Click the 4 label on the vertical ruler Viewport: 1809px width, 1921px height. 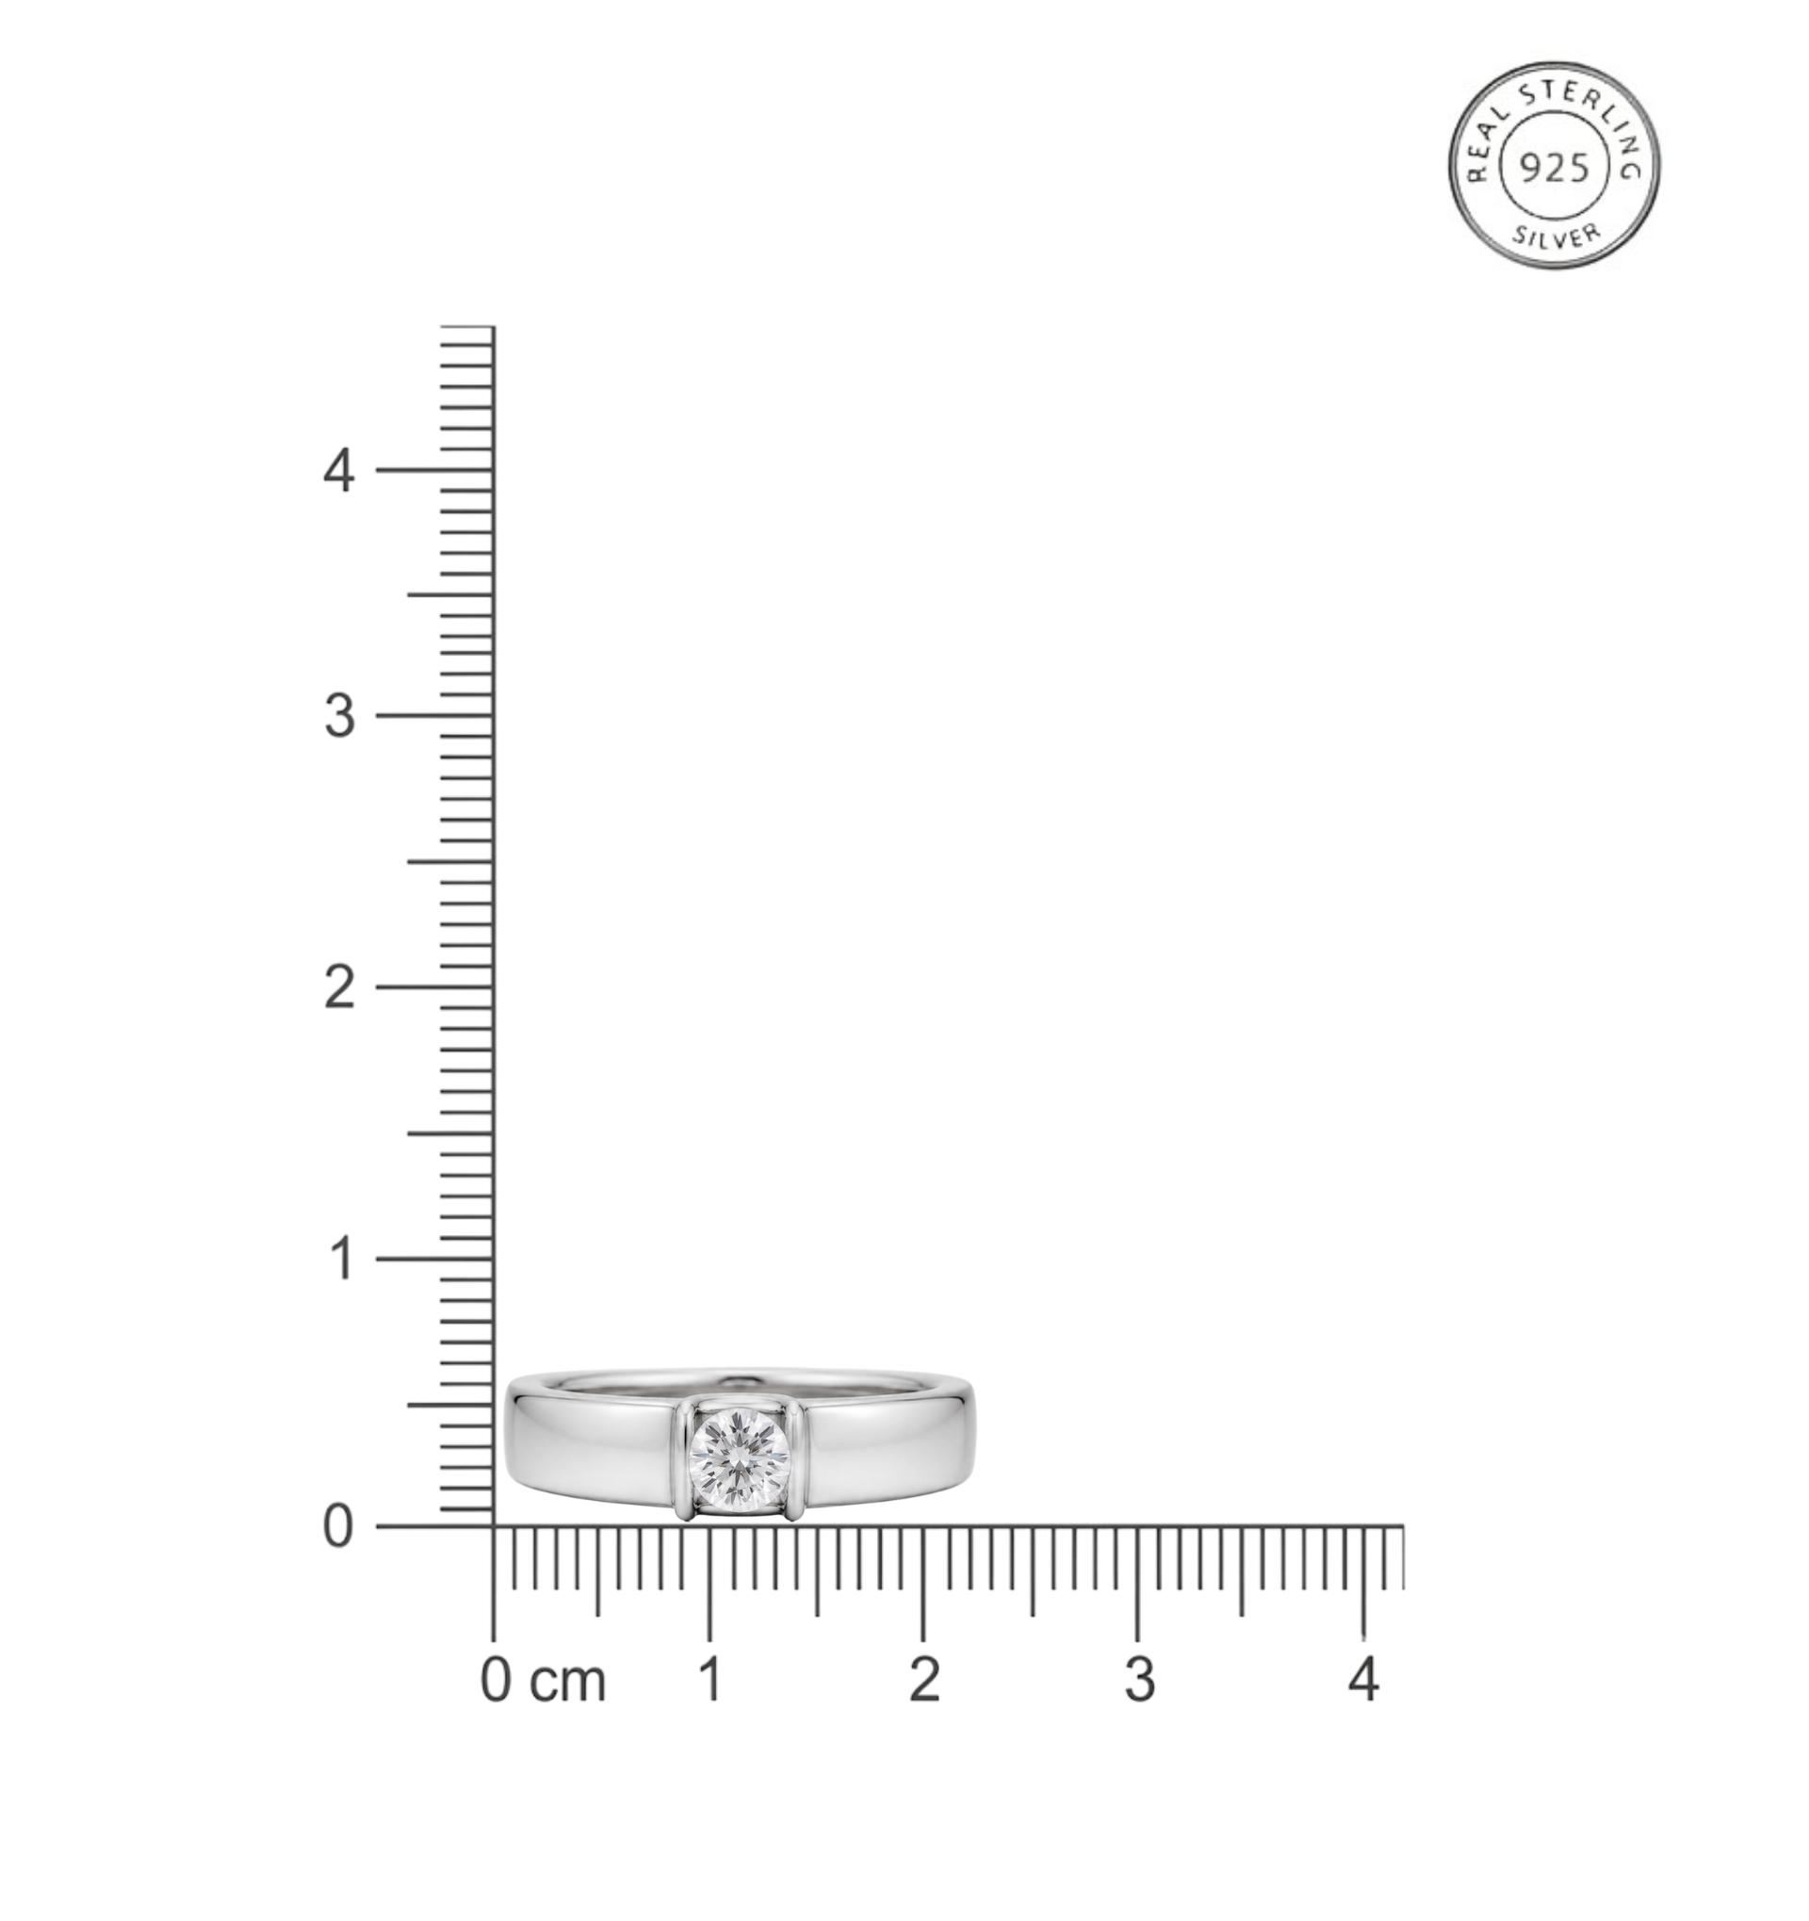tap(339, 472)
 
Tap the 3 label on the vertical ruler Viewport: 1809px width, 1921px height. tap(339, 717)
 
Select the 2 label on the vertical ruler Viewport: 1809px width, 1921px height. tap(339, 988)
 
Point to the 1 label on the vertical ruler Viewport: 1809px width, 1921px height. tap(340, 1260)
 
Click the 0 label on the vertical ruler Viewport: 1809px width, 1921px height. tap(338, 1528)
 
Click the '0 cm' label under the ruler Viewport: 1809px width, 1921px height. tap(543, 1681)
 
